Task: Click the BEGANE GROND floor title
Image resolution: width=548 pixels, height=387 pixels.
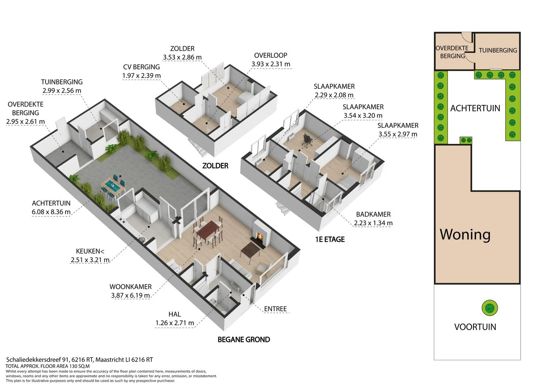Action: (x=244, y=339)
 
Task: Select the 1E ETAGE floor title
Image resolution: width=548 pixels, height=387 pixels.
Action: (x=330, y=239)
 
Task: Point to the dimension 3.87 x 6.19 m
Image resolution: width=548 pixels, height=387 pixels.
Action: (x=131, y=296)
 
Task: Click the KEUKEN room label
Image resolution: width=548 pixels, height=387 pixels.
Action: (x=90, y=251)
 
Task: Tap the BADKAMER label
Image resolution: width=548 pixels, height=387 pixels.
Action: (x=373, y=214)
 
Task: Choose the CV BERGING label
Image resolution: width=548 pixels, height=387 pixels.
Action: (x=142, y=67)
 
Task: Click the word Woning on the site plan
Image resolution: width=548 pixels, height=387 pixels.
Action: (x=465, y=234)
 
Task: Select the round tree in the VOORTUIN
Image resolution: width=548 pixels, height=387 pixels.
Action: (x=490, y=308)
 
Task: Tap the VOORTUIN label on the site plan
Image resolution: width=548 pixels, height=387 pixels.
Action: (x=475, y=327)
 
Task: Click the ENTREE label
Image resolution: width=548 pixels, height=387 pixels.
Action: (x=275, y=309)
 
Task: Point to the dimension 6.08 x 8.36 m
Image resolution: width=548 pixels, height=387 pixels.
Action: (x=51, y=212)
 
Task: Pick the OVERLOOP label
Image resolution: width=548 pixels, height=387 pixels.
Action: (x=271, y=55)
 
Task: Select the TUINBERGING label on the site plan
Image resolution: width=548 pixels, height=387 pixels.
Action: (x=498, y=50)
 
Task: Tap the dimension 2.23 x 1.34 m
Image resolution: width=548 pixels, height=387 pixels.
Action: (x=373, y=223)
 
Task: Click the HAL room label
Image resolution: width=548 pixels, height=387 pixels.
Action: (x=175, y=314)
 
